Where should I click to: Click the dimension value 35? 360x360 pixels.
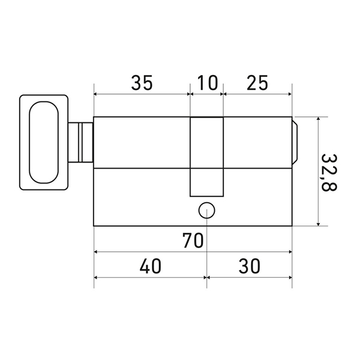(142, 82)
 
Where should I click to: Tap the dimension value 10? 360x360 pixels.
(208, 82)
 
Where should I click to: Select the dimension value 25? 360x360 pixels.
(257, 82)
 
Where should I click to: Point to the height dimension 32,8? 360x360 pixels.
(329, 173)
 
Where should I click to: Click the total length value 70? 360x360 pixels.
(193, 241)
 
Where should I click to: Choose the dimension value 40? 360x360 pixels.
(151, 266)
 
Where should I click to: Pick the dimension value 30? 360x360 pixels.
(250, 266)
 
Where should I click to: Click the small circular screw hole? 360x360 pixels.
(206, 211)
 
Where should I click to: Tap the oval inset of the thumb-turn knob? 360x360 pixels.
(44, 142)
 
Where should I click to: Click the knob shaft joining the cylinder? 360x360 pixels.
(80, 142)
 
